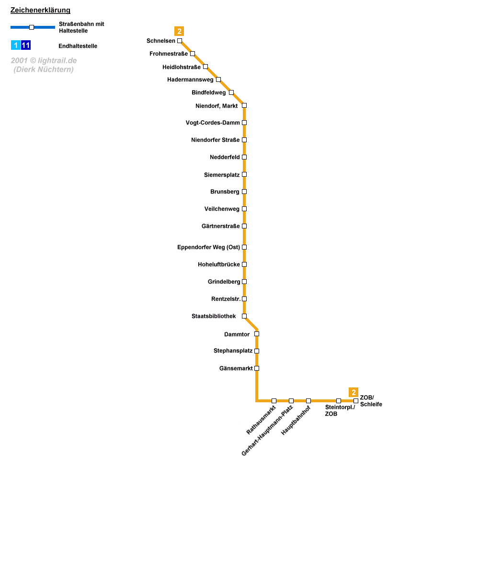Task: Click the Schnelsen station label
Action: pos(161,41)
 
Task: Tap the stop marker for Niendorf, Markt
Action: pos(244,105)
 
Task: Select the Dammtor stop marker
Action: pos(257,334)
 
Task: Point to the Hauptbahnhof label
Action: pos(296,420)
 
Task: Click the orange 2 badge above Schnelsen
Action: pos(179,32)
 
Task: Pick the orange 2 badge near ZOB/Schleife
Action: pos(354,392)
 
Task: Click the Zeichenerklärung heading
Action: pos(40,11)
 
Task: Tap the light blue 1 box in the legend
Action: pos(16,45)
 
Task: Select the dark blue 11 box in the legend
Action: pos(26,45)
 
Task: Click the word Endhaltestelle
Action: pos(78,46)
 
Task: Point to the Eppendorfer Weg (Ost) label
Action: pos(208,247)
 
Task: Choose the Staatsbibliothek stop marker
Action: pos(244,316)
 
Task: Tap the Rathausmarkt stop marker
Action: pos(274,401)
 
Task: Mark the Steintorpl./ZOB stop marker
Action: pos(339,401)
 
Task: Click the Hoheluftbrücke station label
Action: pos(218,264)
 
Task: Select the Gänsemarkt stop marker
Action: pos(257,368)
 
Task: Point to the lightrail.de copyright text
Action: pos(44,65)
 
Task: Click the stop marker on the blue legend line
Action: pos(32,27)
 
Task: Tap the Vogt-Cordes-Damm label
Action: pos(213,123)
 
